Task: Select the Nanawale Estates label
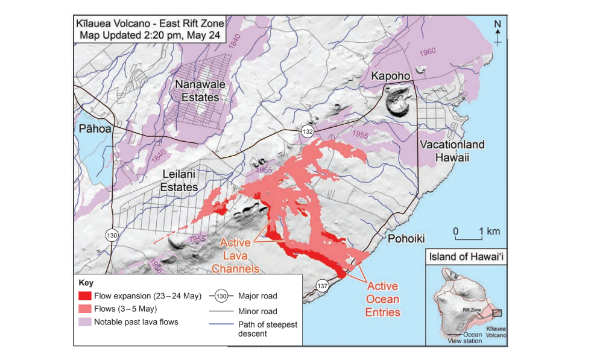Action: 197,91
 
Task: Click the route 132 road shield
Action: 308,131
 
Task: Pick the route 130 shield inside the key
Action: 222,296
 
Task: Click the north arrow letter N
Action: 498,24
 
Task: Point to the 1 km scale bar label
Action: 489,232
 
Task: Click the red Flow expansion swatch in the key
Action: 85,296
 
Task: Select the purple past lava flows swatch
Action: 85,322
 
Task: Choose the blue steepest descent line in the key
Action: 222,325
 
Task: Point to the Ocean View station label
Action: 468,338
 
